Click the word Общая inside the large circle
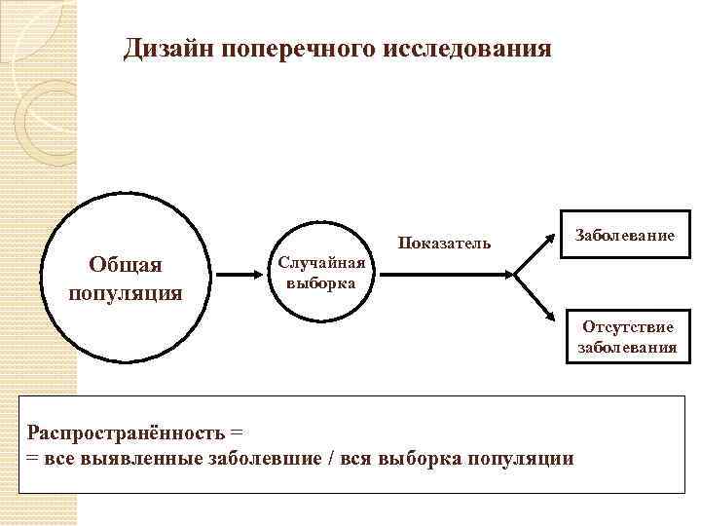(127, 265)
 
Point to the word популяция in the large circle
(127, 292)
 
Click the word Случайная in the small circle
(321, 263)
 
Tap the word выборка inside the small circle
(321, 282)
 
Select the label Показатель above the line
(443, 243)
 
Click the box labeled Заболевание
(625, 235)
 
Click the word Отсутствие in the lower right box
(628, 326)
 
